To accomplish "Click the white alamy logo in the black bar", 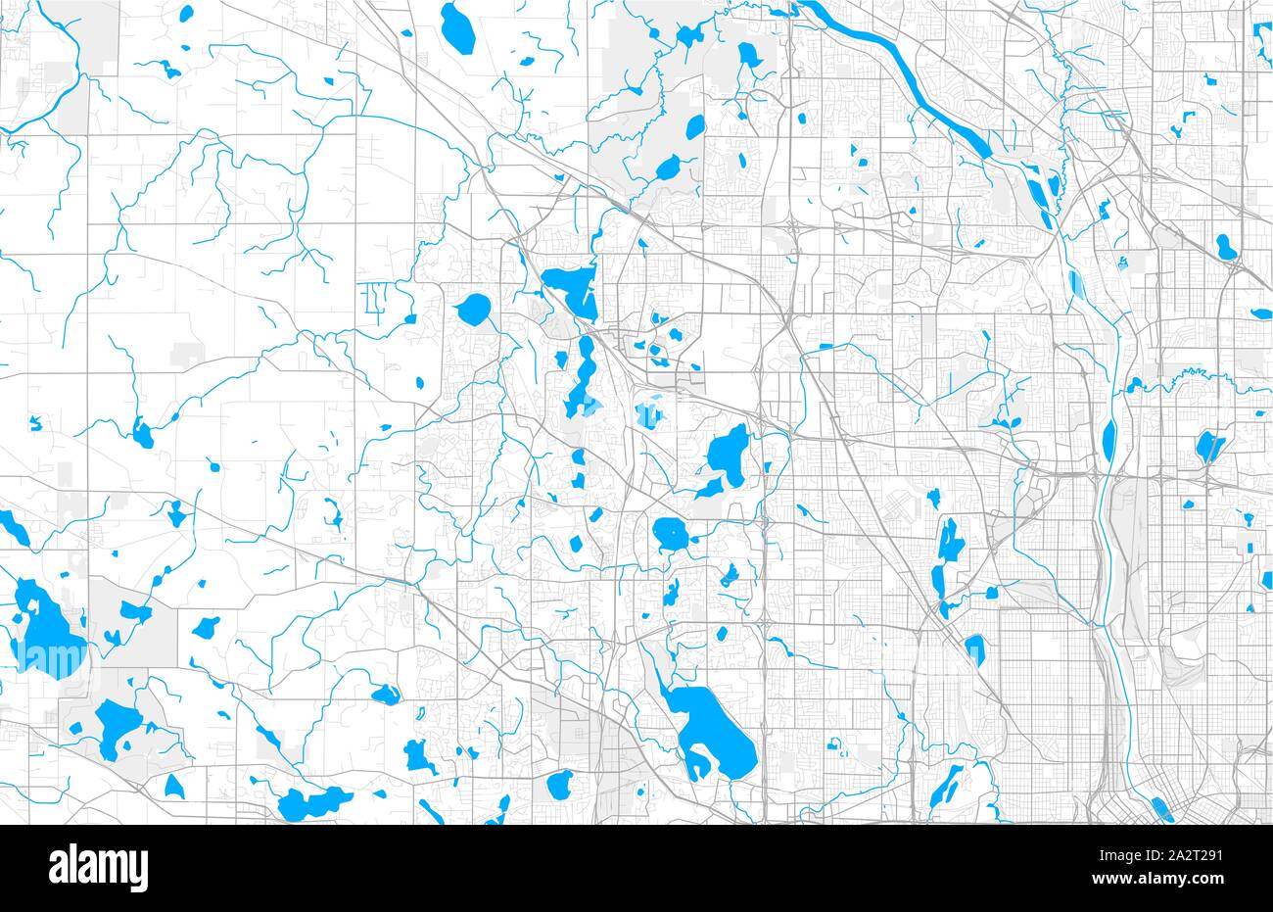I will click(98, 867).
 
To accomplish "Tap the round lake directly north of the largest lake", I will click(671, 534).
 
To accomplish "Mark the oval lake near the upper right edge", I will click(1226, 246).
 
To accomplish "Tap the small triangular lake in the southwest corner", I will click(174, 786).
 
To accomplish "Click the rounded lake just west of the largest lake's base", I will click(560, 784).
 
